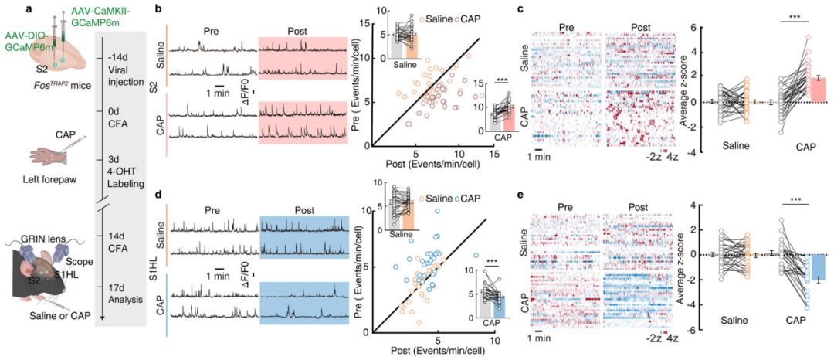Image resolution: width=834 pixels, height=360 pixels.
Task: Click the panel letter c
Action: click(x=522, y=10)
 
